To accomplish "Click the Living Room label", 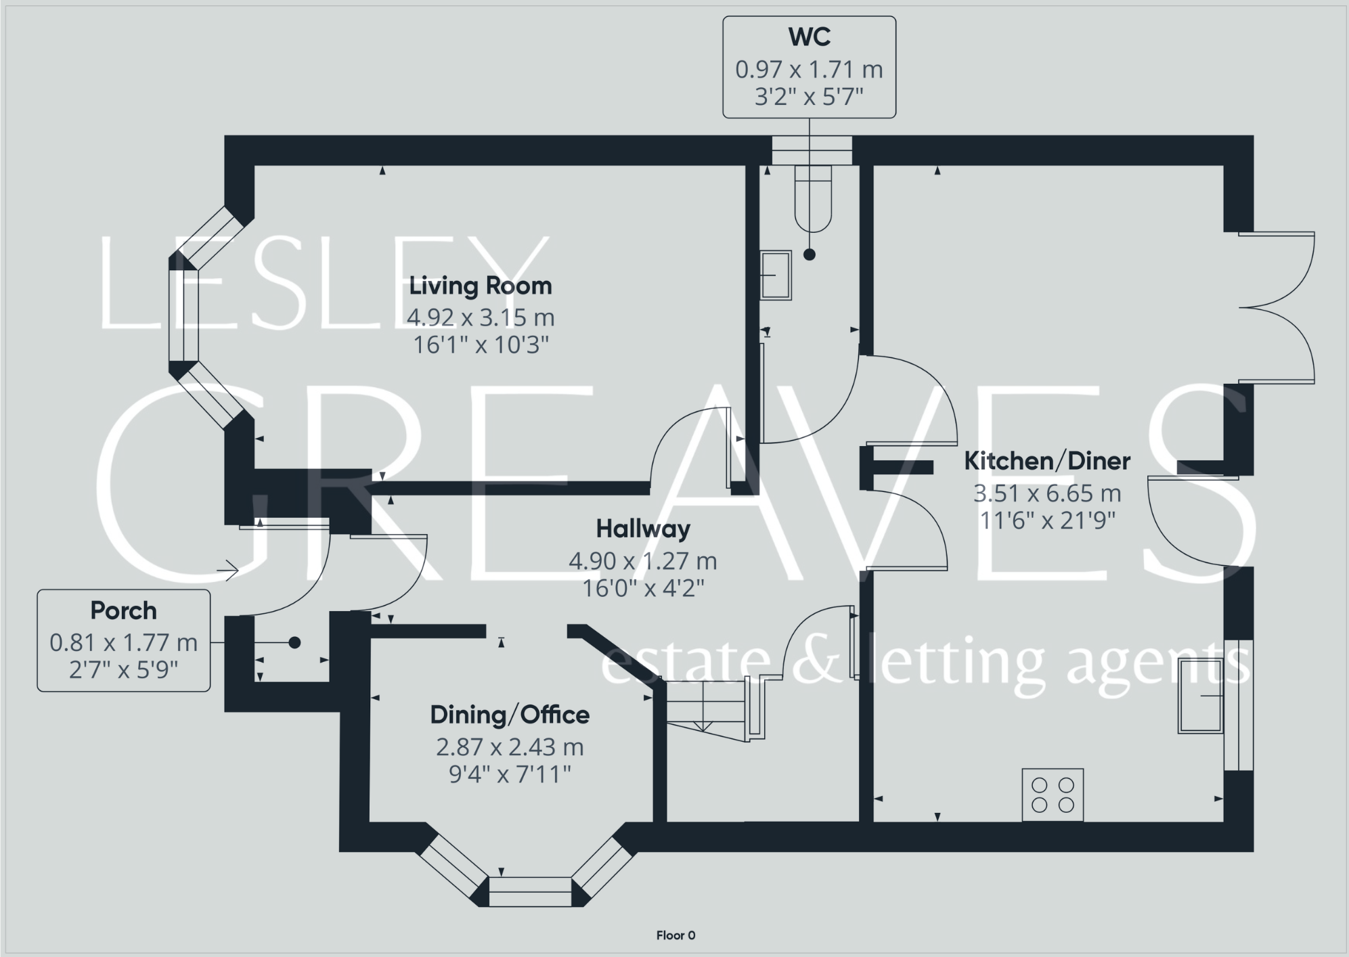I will [x=480, y=286].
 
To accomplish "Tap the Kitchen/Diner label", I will [x=1046, y=461].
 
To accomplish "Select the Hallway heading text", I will [x=642, y=529].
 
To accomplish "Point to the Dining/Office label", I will [x=510, y=715].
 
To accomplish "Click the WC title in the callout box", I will [x=809, y=37].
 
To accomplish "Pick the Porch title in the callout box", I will [x=123, y=610].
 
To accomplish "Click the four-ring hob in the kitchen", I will [x=1052, y=795].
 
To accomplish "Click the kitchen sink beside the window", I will [x=1201, y=696].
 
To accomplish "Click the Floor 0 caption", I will [x=676, y=935].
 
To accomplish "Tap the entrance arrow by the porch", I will [x=228, y=571].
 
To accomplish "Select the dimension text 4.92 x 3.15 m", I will [x=480, y=317].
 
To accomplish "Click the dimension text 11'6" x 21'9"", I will [x=1046, y=520].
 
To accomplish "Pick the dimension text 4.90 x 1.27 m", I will [x=642, y=560].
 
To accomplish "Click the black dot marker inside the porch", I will [x=294, y=643].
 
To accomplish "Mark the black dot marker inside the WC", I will [x=809, y=254].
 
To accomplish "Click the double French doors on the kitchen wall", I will [x=1276, y=308].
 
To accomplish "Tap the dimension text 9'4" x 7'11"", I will [x=510, y=774].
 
